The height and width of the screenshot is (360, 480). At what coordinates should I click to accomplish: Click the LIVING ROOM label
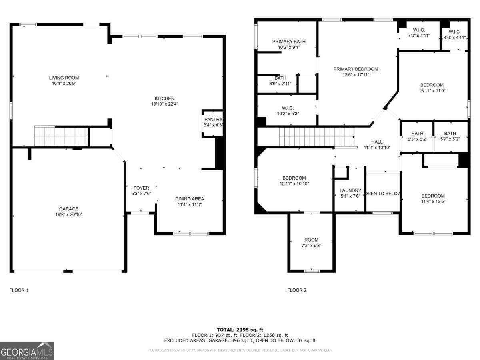tap(64, 78)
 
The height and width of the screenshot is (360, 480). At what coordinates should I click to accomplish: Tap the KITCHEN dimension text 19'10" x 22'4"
tap(164, 104)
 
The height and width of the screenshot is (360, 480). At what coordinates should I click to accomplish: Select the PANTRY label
tap(213, 120)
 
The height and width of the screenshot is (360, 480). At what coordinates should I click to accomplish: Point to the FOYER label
tap(141, 188)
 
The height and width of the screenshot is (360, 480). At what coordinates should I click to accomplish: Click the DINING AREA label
tap(190, 199)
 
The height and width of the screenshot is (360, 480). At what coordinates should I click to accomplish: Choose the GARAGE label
tap(69, 209)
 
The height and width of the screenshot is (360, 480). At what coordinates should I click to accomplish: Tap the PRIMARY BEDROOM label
tap(356, 69)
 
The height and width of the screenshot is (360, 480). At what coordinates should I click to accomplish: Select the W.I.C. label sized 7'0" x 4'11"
tap(419, 30)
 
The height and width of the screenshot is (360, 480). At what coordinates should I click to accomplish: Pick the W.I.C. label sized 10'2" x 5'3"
tap(288, 108)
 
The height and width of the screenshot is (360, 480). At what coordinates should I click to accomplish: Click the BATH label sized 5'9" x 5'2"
tap(450, 134)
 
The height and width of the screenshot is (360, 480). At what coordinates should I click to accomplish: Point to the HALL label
tap(377, 142)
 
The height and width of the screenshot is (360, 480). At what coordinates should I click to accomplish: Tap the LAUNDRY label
tap(350, 190)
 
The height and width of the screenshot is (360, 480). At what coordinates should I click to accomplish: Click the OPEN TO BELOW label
tap(383, 194)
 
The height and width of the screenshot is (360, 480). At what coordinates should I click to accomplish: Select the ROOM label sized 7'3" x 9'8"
tap(311, 240)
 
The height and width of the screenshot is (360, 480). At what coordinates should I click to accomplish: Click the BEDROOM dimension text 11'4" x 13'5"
tap(433, 202)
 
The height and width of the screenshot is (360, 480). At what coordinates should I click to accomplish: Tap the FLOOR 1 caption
tap(19, 290)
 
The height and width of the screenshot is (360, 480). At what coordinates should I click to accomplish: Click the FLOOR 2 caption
tap(297, 290)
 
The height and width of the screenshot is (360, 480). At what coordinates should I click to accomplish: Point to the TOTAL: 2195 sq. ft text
tap(240, 330)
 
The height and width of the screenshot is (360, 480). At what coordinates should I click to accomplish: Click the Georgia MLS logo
tap(27, 351)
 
